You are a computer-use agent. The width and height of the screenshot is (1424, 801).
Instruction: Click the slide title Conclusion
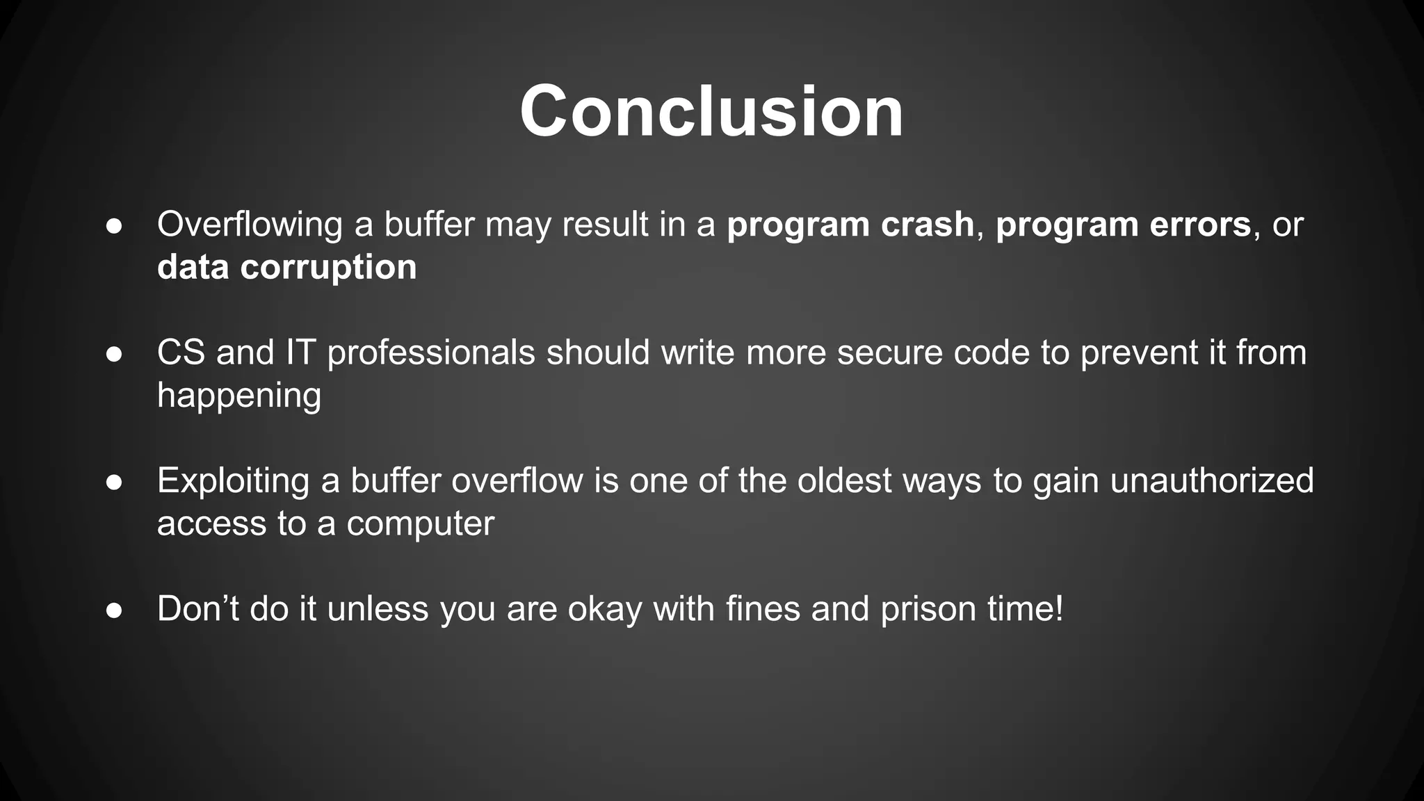(x=711, y=112)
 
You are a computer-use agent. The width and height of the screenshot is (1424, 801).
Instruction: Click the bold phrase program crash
(x=850, y=225)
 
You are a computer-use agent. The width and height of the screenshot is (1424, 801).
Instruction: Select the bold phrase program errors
(x=1123, y=225)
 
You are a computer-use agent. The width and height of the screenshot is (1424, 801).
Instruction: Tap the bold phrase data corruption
(x=286, y=268)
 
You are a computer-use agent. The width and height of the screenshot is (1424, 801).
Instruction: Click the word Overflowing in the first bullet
(x=250, y=225)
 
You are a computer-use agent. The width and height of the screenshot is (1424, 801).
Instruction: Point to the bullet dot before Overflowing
(x=115, y=227)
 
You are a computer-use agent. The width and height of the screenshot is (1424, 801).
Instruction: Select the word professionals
(x=430, y=353)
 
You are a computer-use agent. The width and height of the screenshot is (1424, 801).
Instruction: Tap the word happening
(x=239, y=396)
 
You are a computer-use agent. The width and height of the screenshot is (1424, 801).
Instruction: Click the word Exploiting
(x=233, y=481)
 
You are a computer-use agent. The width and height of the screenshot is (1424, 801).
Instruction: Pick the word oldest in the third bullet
(x=844, y=481)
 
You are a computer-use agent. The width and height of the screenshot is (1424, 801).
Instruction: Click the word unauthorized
(x=1211, y=481)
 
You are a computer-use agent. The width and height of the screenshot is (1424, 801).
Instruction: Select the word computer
(x=420, y=524)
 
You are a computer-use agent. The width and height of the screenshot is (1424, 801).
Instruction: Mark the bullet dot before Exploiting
(x=115, y=483)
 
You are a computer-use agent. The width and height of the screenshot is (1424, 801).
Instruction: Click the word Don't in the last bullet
(x=197, y=609)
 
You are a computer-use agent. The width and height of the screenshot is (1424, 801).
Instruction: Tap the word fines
(x=762, y=609)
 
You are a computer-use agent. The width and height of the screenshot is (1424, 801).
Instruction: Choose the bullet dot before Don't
(x=115, y=610)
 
